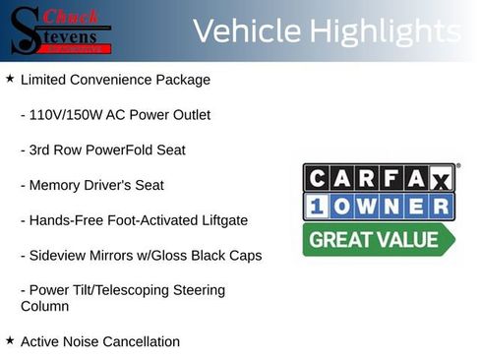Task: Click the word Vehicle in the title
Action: coord(246,30)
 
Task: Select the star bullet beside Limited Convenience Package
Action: coord(10,78)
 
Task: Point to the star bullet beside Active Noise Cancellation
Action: coord(10,340)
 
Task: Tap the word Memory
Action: coord(55,185)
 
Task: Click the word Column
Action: coord(44,306)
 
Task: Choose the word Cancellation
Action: coord(137,341)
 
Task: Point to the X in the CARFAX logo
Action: coord(441,178)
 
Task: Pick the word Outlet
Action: coord(188,114)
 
